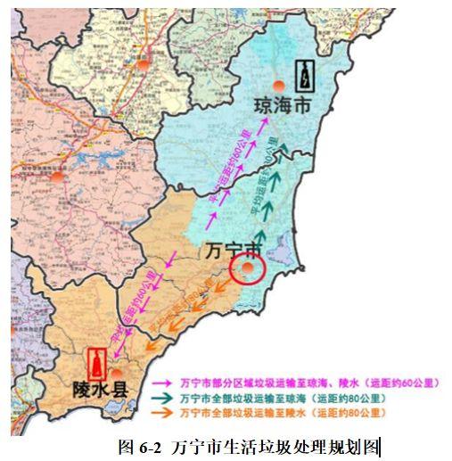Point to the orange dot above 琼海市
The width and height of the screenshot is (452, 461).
coord(280,85)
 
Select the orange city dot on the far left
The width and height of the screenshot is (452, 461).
coord(58,176)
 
